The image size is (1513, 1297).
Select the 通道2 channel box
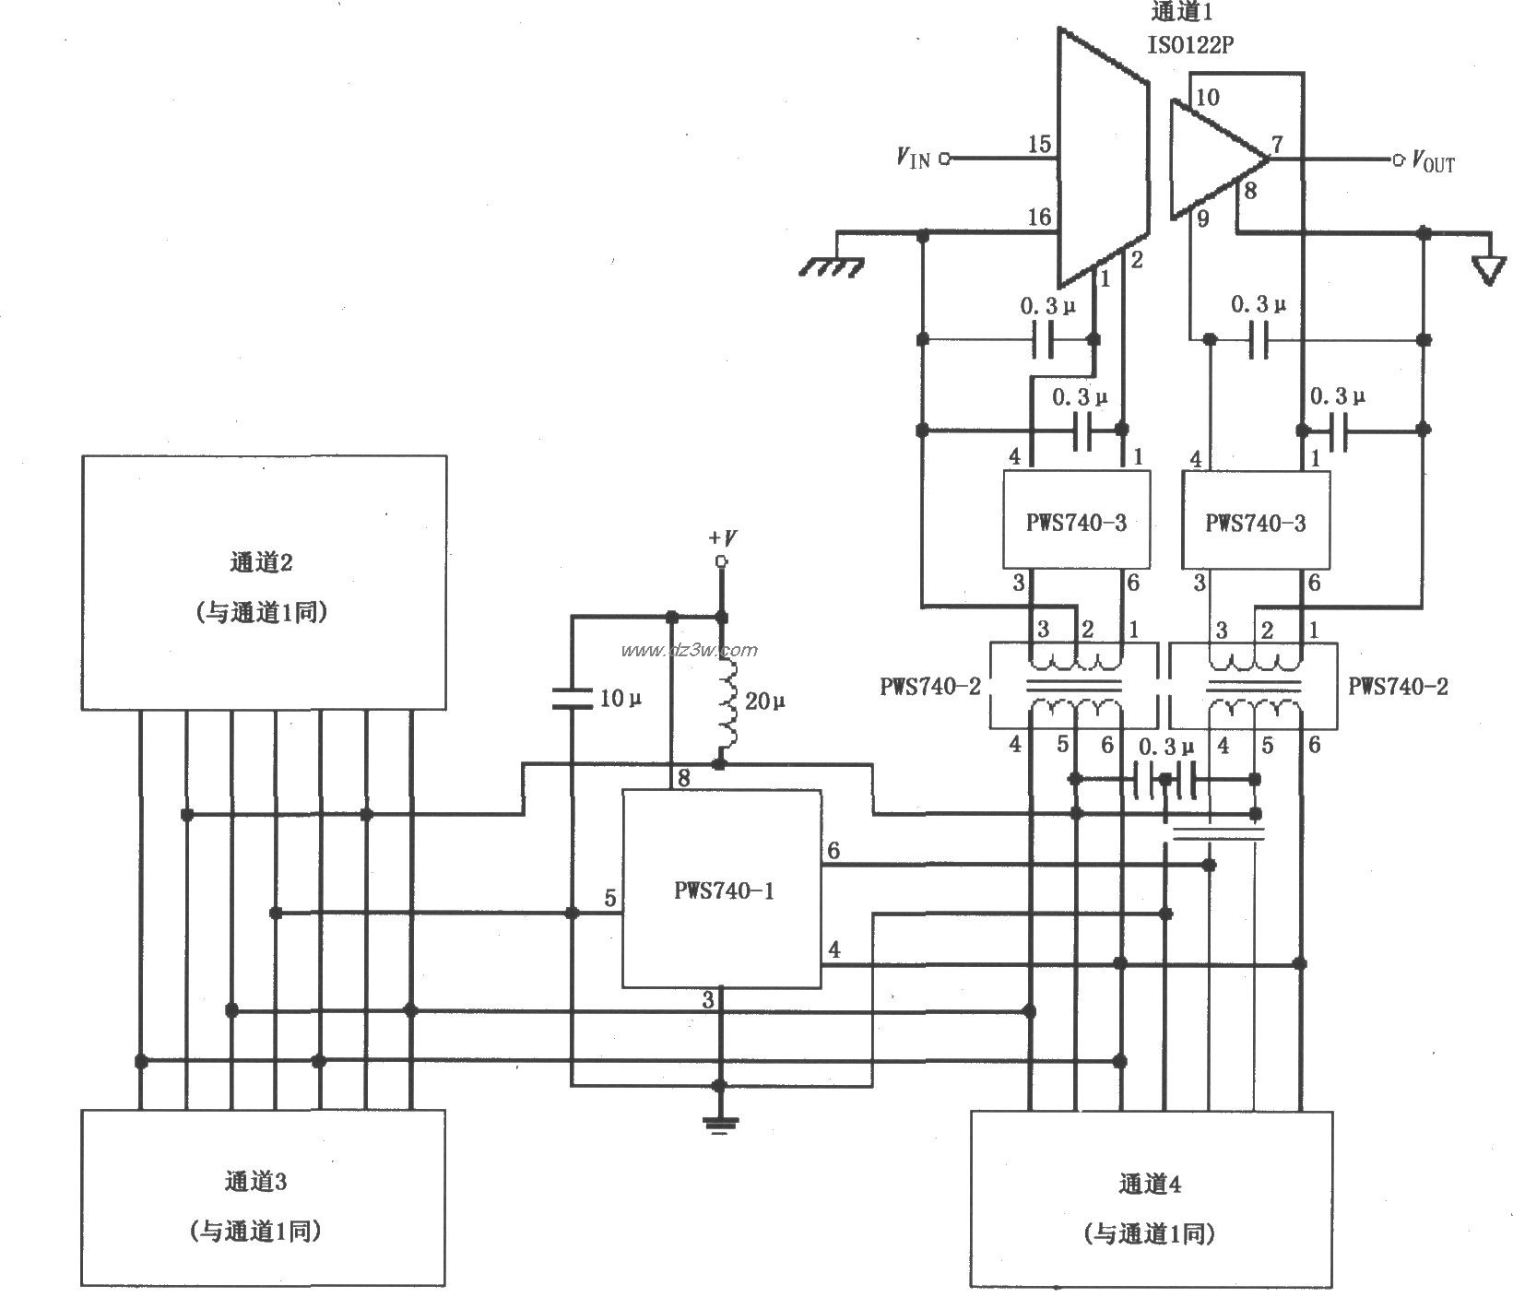[x=264, y=583]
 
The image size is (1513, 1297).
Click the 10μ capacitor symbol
[x=572, y=698]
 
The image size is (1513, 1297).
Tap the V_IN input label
[x=913, y=159]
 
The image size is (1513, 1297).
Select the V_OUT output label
[x=1433, y=162]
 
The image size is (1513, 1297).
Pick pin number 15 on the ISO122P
[x=1039, y=145]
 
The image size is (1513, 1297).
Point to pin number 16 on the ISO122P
[x=1039, y=218]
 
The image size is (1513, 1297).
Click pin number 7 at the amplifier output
[x=1277, y=145]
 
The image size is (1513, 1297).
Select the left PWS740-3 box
[x=1076, y=521]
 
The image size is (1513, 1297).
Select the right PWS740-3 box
[x=1256, y=521]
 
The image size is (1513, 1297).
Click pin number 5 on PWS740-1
[x=609, y=899]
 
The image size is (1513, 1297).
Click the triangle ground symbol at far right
[x=1485, y=270]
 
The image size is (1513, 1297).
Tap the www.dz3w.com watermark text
[x=689, y=651]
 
